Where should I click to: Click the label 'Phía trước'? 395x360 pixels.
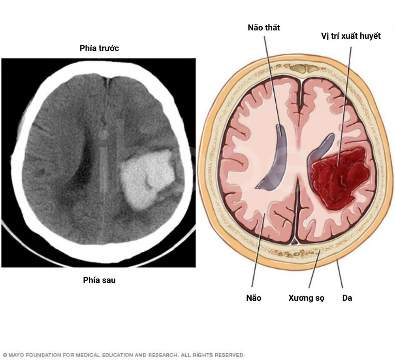point(99,48)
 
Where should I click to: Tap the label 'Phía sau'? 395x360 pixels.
point(99,280)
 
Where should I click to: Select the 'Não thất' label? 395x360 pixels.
point(264,28)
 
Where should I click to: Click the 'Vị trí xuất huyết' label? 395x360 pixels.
point(351,36)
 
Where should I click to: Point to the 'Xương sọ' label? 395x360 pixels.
point(307,298)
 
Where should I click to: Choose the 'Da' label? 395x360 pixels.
point(347,298)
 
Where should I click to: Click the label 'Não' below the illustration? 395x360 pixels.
point(254,298)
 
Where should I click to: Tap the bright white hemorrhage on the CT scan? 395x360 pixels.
point(147,178)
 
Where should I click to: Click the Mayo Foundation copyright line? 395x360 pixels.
point(124,355)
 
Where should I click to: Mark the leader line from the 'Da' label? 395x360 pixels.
point(340,274)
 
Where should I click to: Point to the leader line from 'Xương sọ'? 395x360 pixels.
point(314,269)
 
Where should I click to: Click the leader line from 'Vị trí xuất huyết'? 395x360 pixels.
point(344,106)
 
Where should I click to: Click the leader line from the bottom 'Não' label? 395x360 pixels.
point(258,250)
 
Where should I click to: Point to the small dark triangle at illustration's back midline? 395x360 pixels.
point(295,242)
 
